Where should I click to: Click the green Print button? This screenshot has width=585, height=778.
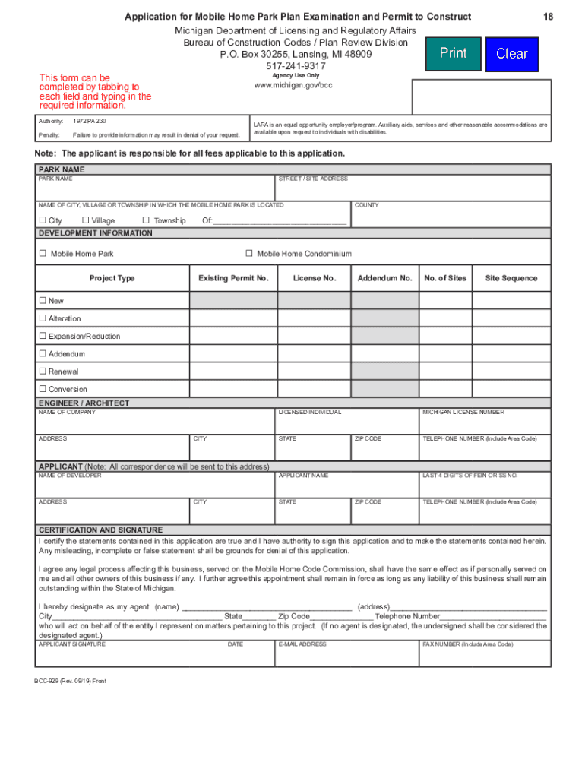coord(454,53)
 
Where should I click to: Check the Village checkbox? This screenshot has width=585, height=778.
coord(86,220)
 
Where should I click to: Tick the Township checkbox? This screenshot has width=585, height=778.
coord(146,220)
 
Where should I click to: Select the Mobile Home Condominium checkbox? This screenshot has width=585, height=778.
coord(248,253)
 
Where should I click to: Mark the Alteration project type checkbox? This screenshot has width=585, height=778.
coord(43,318)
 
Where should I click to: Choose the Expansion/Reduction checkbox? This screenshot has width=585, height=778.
coord(43,336)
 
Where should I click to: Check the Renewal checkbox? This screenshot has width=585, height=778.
coord(43,372)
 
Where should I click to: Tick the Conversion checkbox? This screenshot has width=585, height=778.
coord(43,389)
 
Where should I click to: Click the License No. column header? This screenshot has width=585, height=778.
coord(314,278)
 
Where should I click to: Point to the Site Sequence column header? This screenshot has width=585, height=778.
coord(511,278)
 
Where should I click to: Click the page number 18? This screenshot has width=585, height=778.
coord(547,17)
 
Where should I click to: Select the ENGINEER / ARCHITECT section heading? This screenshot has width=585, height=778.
coord(84,403)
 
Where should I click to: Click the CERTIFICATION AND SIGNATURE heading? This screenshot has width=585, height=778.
coord(100,530)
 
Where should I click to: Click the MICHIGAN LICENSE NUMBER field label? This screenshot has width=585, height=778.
coord(463,412)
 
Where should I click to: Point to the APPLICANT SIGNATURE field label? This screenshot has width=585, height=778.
coord(72,644)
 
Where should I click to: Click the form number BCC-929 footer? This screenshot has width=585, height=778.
coord(70,681)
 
